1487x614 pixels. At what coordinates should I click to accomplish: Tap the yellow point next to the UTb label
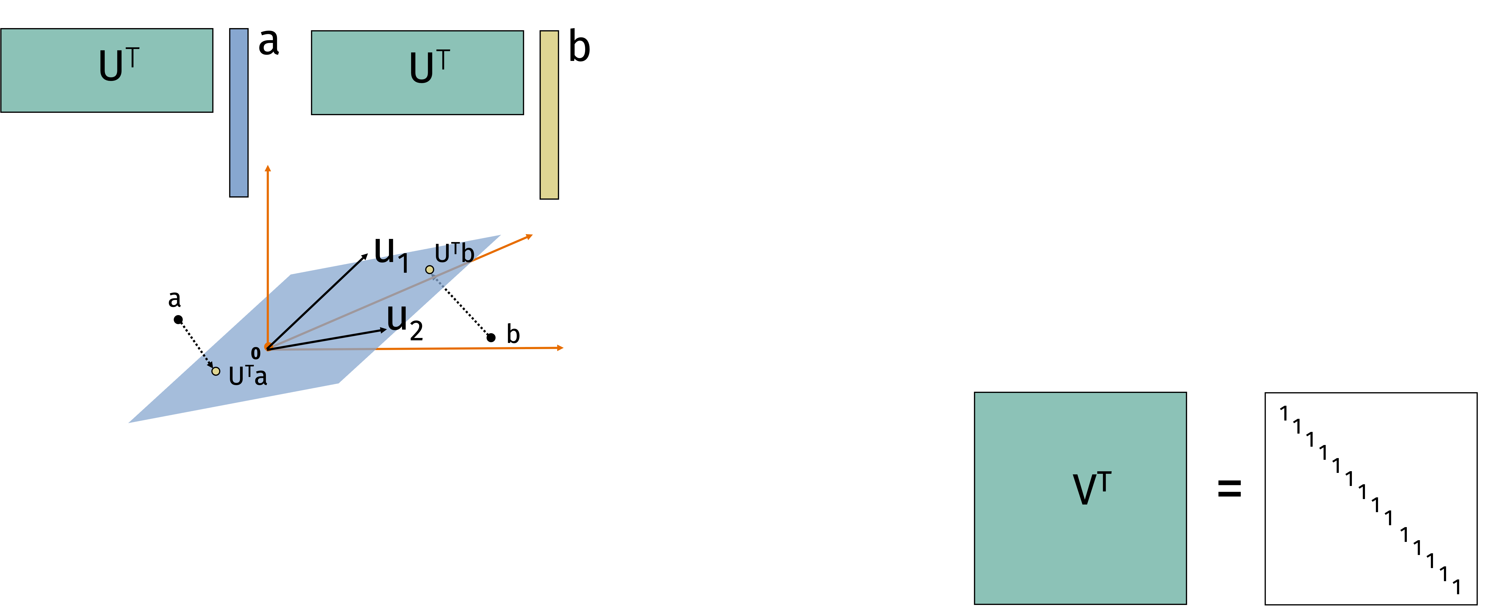[x=429, y=270]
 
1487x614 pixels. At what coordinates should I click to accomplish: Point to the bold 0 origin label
[x=256, y=353]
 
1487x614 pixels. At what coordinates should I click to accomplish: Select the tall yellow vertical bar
[x=549, y=115]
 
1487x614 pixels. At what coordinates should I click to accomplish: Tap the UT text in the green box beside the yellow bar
[x=429, y=68]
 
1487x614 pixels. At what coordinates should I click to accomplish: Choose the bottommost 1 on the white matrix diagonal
[x=1456, y=587]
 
